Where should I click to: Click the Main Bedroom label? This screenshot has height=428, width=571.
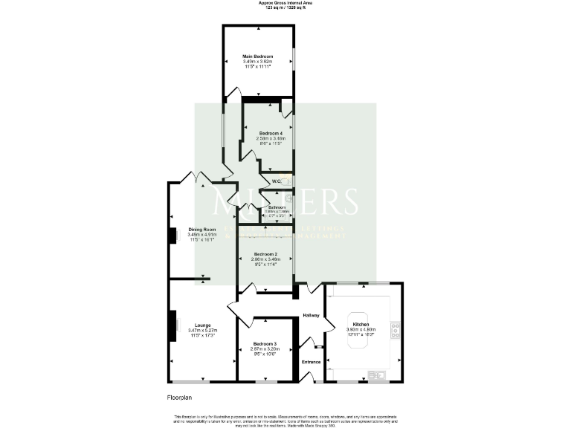click(258, 56)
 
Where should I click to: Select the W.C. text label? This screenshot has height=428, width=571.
click(275, 181)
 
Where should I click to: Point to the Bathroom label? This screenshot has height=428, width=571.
click(277, 207)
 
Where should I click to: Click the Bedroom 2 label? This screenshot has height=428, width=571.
click(265, 254)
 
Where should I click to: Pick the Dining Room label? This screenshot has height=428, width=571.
click(201, 230)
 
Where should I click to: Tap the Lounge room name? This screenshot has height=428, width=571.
click(202, 325)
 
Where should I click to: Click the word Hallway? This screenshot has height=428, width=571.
click(311, 316)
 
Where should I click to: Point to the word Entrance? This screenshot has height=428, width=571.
click(311, 362)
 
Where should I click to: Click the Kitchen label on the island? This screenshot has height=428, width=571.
click(361, 325)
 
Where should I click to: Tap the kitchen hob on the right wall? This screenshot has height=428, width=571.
click(398, 328)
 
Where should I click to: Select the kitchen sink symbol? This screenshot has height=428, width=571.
click(377, 374)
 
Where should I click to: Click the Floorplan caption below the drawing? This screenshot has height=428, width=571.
click(181, 398)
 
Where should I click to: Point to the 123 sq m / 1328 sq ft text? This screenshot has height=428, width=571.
click(285, 7)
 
